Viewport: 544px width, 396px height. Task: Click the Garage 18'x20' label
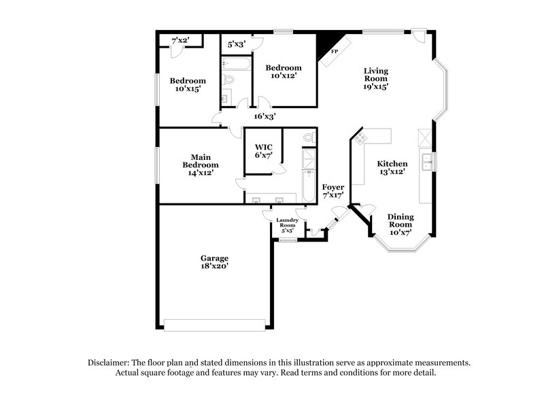(214, 262)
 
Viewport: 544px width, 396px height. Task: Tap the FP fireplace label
(334, 52)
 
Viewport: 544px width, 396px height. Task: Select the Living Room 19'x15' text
(375, 78)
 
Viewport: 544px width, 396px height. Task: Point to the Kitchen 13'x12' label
(392, 168)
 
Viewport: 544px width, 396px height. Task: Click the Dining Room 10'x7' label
(400, 225)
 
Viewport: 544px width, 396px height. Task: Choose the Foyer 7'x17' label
(333, 191)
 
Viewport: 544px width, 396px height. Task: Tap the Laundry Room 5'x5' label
(287, 226)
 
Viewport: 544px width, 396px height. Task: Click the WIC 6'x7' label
(264, 152)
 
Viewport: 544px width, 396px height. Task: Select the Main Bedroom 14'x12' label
(201, 165)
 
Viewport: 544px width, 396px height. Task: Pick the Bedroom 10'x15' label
(188, 84)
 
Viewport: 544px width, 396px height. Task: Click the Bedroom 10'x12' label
(284, 71)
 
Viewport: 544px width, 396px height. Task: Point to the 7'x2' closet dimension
(180, 41)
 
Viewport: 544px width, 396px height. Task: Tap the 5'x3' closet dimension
(236, 44)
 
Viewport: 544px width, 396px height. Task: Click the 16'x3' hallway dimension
(265, 116)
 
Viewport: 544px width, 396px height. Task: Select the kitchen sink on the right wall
(428, 161)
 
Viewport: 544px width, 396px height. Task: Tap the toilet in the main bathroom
(309, 138)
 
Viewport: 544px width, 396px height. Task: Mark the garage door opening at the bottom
(216, 325)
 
